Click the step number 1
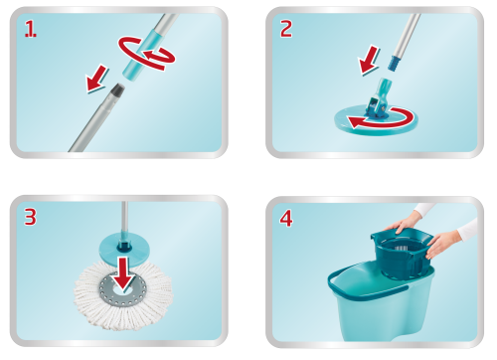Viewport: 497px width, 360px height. point(31,29)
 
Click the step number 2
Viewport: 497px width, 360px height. point(286,29)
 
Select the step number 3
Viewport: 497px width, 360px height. point(30,217)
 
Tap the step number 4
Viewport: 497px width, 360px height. point(286,219)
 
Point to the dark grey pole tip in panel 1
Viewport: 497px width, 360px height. point(118,90)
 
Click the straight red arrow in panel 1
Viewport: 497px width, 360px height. point(96,79)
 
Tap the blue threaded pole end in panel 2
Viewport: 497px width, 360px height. point(394,63)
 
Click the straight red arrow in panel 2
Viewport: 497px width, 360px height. point(369,61)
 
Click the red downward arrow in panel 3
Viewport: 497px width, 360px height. point(123,272)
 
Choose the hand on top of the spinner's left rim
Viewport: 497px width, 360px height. point(404,224)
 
